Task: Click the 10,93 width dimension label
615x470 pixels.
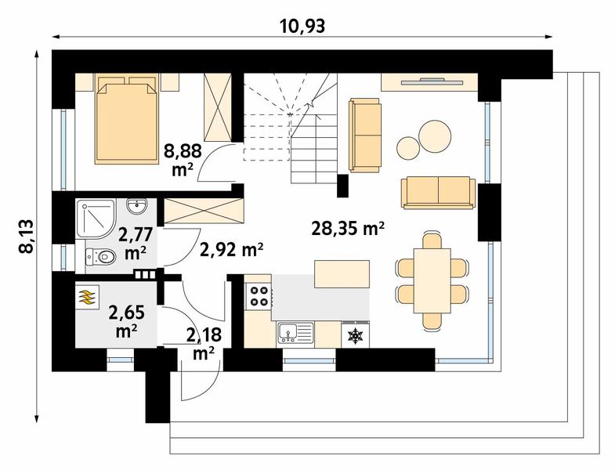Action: (x=302, y=26)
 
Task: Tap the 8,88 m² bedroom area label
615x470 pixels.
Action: (x=183, y=160)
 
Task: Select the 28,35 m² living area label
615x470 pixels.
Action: (x=348, y=229)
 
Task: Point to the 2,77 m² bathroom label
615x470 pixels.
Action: (x=136, y=244)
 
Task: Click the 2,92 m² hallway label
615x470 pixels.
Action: (x=231, y=249)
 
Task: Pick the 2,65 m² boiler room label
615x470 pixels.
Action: (x=127, y=321)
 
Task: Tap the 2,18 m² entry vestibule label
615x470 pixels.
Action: (x=204, y=344)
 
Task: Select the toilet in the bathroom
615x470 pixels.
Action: (x=100, y=257)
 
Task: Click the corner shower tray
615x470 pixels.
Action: (x=96, y=219)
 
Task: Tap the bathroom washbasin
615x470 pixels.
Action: (x=137, y=206)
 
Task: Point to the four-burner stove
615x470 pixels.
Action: (x=259, y=296)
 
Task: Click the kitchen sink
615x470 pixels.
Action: (x=295, y=333)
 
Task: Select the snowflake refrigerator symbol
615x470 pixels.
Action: (x=356, y=335)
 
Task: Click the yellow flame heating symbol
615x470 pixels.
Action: (x=87, y=298)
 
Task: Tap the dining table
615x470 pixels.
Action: (x=432, y=280)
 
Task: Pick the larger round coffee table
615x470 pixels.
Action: (x=435, y=136)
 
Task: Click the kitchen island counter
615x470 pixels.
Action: (x=342, y=274)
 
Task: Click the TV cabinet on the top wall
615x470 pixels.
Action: (x=429, y=82)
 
